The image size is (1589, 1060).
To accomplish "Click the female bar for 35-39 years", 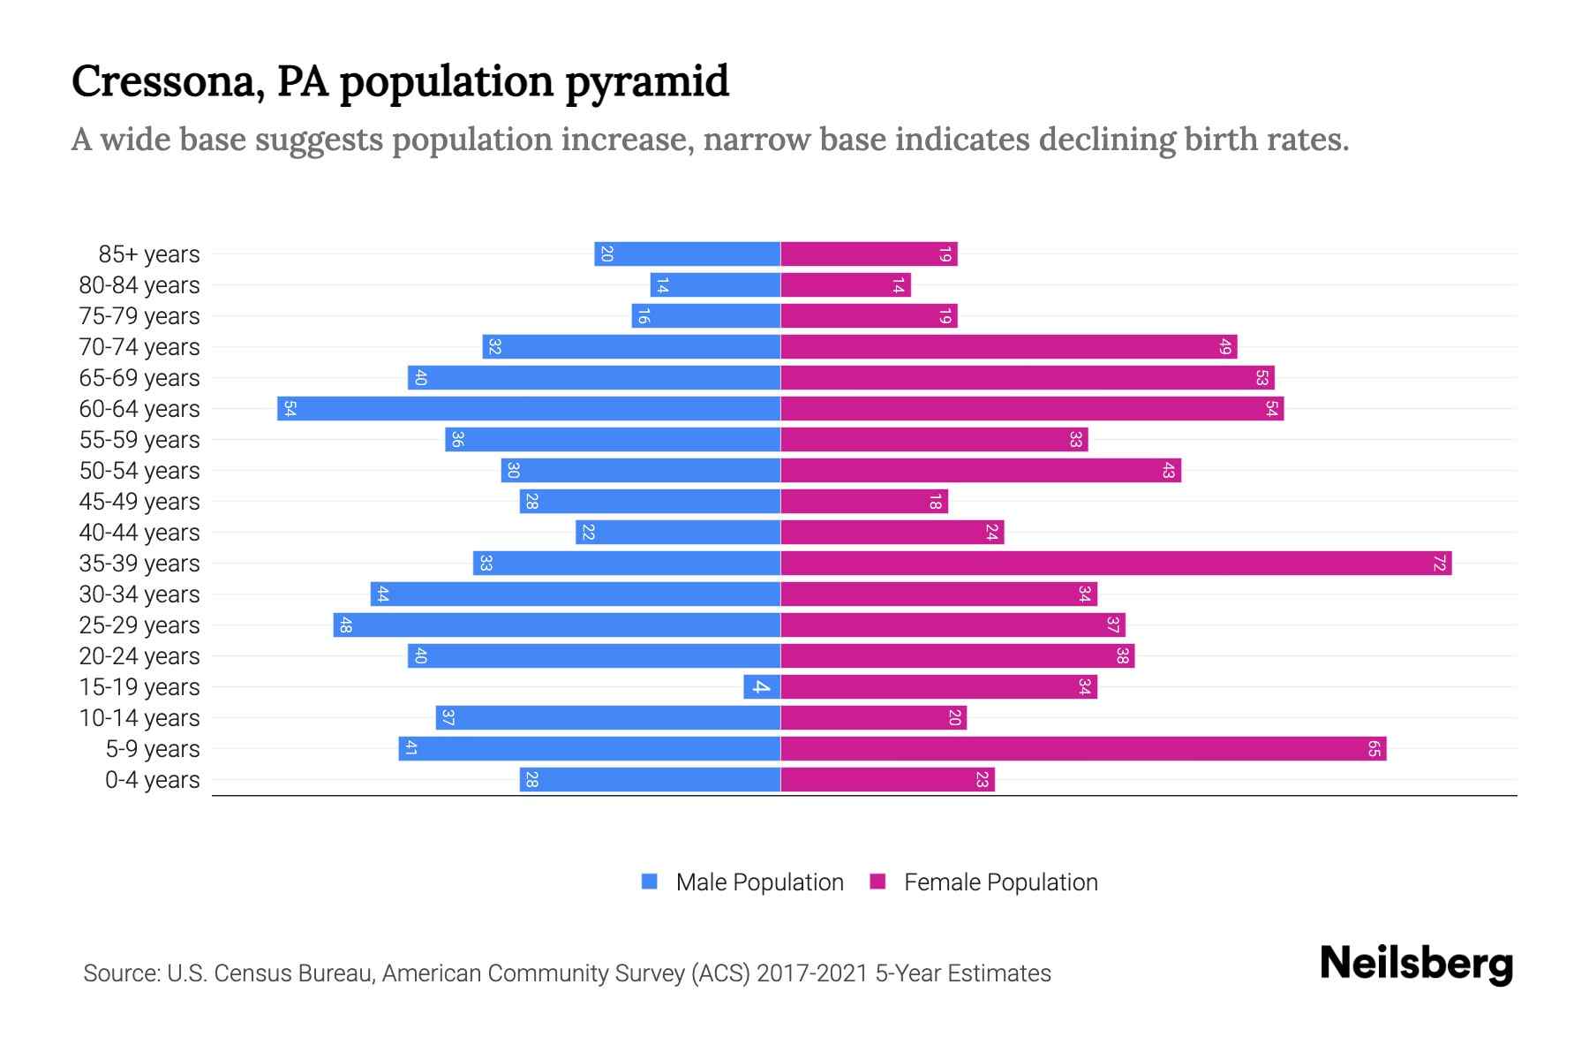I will coord(1116,564).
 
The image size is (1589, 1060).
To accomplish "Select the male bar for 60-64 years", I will coord(530,409).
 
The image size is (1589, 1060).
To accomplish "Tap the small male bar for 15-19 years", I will coord(762,687).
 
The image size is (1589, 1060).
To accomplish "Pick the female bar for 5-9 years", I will coord(1083,749).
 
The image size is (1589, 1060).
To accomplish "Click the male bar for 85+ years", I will coord(688,254).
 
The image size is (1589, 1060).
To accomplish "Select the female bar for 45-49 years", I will coord(864,502).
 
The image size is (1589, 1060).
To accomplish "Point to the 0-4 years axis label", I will coord(152,780).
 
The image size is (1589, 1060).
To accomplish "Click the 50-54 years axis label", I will coord(139,471).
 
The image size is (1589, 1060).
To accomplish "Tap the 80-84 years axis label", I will coord(139,285).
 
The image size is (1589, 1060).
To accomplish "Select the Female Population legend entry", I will coord(984,882).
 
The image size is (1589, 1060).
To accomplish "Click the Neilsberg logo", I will coord(1416,964).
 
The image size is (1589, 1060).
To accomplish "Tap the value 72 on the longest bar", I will coord(1439,564).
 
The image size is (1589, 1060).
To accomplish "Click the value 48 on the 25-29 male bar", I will coord(346,625).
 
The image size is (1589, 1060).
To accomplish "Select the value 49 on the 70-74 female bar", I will coord(1224,347).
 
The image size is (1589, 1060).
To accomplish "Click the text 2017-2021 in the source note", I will coord(812,973).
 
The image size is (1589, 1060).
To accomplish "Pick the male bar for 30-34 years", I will coord(576,594).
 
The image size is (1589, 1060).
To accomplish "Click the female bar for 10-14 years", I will coord(873,718).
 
